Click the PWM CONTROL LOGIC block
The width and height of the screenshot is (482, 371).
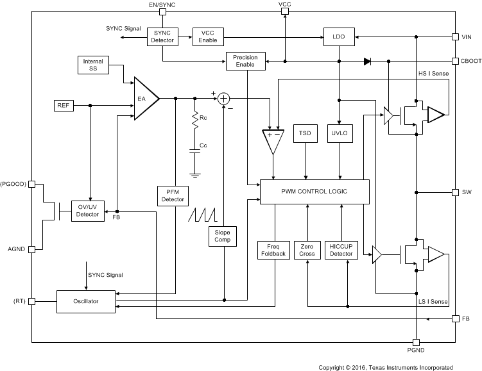[x=314, y=192]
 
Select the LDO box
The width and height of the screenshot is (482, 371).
[x=338, y=37]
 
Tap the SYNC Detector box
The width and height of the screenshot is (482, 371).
[x=162, y=37]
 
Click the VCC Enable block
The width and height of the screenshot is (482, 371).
[x=207, y=37]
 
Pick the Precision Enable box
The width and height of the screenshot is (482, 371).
[x=245, y=62]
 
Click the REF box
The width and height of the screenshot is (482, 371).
[x=62, y=104]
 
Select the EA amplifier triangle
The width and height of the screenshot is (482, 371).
[x=144, y=99]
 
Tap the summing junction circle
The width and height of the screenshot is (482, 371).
[x=223, y=99]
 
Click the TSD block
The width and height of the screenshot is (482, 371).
[x=305, y=133]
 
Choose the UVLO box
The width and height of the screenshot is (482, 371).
[x=338, y=133]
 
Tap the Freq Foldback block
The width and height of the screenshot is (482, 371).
[x=274, y=250]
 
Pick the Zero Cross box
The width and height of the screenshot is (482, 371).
[x=307, y=250]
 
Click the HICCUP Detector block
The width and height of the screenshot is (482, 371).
[x=341, y=250]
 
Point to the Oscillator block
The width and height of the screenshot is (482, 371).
[x=87, y=301]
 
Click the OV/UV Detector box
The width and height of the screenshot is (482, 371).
[x=87, y=210]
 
